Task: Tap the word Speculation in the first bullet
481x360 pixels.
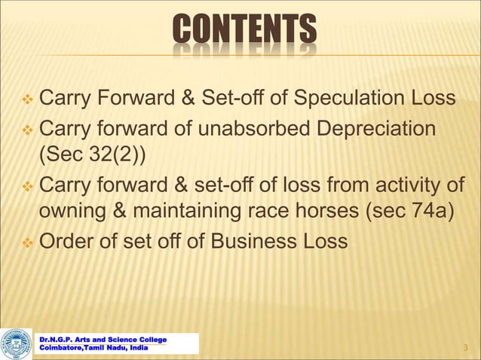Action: click(x=349, y=99)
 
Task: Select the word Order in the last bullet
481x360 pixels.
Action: click(x=67, y=243)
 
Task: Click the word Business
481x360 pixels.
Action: click(x=261, y=243)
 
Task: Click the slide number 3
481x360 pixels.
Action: click(x=467, y=347)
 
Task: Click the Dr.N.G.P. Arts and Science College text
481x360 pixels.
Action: click(x=103, y=340)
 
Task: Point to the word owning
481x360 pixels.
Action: click(x=71, y=213)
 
